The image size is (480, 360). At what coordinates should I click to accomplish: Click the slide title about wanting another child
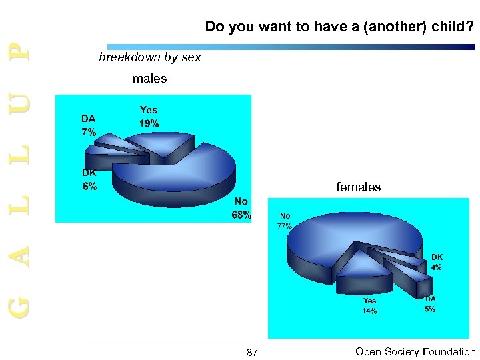[x=339, y=27]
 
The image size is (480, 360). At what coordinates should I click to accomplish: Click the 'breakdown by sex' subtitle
[x=149, y=57]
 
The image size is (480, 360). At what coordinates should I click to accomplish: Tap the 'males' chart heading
[x=149, y=79]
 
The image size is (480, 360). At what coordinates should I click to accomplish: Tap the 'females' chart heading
[x=358, y=187]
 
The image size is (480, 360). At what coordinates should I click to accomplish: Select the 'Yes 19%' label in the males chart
[x=149, y=117]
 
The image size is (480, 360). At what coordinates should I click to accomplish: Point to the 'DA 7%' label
[x=89, y=125]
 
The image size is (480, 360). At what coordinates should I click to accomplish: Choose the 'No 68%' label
[x=241, y=207]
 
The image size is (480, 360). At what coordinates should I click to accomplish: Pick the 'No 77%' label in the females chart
[x=285, y=221]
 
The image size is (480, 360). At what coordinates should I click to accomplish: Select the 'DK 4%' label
[x=436, y=261]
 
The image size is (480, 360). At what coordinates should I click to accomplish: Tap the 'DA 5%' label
[x=430, y=304]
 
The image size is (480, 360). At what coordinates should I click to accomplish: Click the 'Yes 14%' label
[x=369, y=306]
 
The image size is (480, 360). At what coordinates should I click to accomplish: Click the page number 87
[x=251, y=351]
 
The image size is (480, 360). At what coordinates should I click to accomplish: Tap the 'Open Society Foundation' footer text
[x=415, y=351]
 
